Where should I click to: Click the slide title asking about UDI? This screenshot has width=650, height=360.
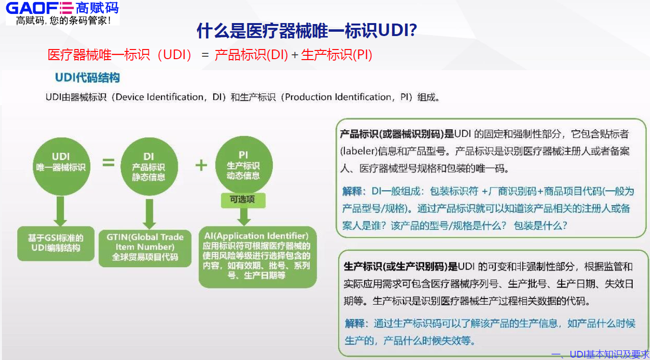(x=307, y=30)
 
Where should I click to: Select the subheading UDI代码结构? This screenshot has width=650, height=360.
(x=87, y=77)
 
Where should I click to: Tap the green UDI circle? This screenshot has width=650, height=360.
(x=61, y=166)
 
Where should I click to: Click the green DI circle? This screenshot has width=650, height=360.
(x=149, y=166)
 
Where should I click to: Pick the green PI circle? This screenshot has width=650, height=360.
(x=244, y=165)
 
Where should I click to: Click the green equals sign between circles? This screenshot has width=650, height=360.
(x=109, y=162)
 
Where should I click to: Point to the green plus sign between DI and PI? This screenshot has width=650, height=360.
(x=201, y=165)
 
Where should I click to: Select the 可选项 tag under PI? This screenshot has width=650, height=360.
(x=243, y=200)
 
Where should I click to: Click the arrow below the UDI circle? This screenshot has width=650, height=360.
(x=61, y=211)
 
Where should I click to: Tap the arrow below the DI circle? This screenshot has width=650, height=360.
(x=149, y=214)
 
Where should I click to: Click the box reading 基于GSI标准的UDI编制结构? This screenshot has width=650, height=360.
(x=56, y=243)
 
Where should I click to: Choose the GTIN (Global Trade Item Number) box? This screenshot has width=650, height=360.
(x=145, y=248)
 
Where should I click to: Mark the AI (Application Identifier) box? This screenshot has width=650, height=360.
(x=258, y=257)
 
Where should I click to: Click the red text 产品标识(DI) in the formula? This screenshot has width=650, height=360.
(x=251, y=55)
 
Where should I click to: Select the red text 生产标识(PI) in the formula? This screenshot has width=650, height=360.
(x=337, y=55)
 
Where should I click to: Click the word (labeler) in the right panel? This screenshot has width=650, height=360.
(x=359, y=151)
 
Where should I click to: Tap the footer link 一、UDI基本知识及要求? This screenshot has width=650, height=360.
(x=600, y=355)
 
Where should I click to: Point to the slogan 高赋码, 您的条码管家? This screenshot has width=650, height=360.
(x=63, y=20)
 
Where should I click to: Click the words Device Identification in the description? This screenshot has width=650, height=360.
(x=159, y=97)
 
